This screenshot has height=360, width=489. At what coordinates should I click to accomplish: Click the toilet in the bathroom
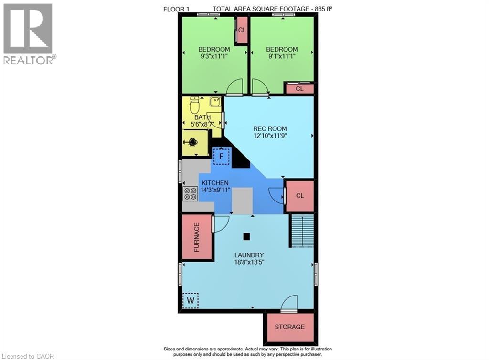pos(194,105)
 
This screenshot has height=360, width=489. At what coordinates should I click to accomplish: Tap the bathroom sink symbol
pos(215,102)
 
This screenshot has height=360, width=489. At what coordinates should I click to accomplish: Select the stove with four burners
pos(190,193)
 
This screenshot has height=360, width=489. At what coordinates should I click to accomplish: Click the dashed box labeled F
pos(222,156)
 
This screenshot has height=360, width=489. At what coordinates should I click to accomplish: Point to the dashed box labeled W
pos(191,300)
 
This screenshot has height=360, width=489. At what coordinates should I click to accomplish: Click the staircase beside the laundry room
pos(301,231)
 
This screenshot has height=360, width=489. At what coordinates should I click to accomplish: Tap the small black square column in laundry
pos(246,236)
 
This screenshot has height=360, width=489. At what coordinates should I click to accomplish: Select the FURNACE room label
pos(196,237)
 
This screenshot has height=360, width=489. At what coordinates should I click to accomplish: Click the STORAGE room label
pos(289,327)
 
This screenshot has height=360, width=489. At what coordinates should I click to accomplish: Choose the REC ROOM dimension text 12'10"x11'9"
pos(270,135)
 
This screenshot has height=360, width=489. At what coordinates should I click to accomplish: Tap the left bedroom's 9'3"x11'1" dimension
pos(214,56)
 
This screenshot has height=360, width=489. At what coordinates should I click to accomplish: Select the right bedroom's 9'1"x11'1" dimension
pos(282,56)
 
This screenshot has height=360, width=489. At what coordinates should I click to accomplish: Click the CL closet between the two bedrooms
pos(242,30)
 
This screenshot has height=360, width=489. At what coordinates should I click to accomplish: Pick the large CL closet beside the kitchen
pos(299,196)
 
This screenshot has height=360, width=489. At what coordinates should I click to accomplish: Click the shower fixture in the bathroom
pos(193,142)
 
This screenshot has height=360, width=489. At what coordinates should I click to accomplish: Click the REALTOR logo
pos(28,33)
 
